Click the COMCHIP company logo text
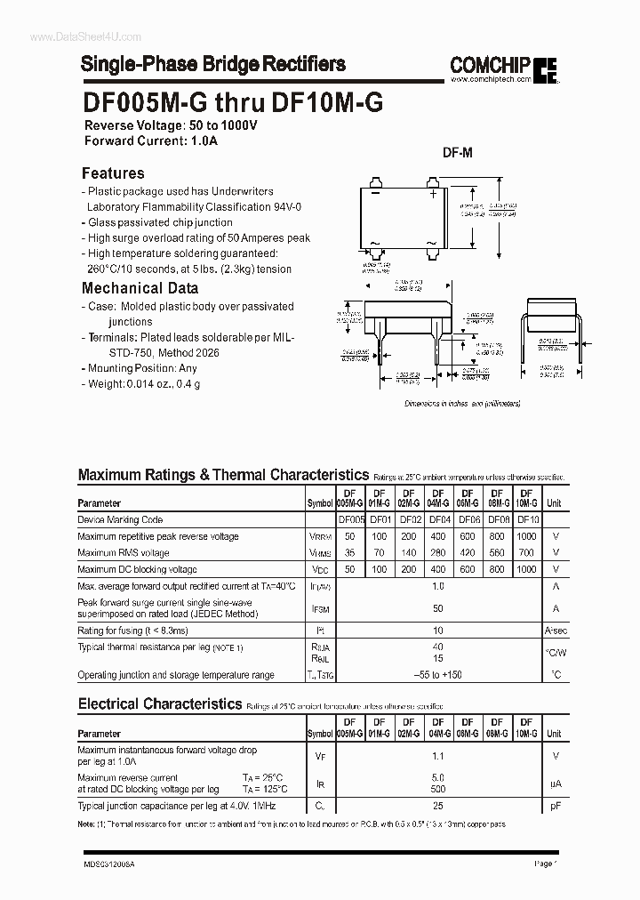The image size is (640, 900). pyautogui.click(x=491, y=64)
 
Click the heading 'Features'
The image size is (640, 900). pyautogui.click(x=113, y=173)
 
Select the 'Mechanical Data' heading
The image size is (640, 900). pyautogui.click(x=140, y=288)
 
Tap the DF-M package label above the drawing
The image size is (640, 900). pyautogui.click(x=458, y=153)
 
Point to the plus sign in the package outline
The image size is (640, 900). pyautogui.click(x=433, y=193)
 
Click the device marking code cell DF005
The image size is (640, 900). pyautogui.click(x=351, y=519)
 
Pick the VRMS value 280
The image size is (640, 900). pyautogui.click(x=436, y=553)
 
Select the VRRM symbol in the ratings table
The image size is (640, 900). pyautogui.click(x=320, y=537)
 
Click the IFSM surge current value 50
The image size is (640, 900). pyautogui.click(x=437, y=608)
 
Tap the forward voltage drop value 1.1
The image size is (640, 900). pyautogui.click(x=437, y=756)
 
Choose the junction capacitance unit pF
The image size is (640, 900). pyautogui.click(x=555, y=806)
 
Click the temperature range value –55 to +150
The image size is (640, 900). pyautogui.click(x=437, y=675)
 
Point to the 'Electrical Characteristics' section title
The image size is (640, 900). pyautogui.click(x=160, y=703)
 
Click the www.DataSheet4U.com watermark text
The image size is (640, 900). pyautogui.click(x=73, y=36)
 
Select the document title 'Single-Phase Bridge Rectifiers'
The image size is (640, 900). pyautogui.click(x=213, y=64)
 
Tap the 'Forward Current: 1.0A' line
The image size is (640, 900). pyautogui.click(x=151, y=141)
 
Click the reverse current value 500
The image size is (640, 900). pyautogui.click(x=437, y=789)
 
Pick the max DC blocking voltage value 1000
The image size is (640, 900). pyautogui.click(x=526, y=569)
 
